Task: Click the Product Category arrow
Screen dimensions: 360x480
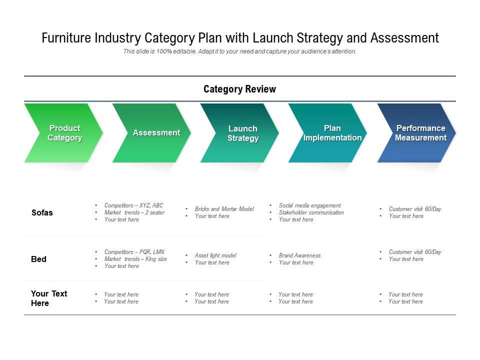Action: click(x=64, y=133)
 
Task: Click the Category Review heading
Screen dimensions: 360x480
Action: click(x=239, y=89)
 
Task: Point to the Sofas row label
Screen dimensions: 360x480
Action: click(x=42, y=212)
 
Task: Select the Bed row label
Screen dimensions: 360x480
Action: click(x=38, y=259)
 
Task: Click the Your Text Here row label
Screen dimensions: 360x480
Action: click(x=49, y=298)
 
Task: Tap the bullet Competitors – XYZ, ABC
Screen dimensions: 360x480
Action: click(x=133, y=205)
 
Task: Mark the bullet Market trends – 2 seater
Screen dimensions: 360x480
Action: click(x=134, y=212)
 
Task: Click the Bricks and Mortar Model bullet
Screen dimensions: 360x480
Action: click(x=224, y=209)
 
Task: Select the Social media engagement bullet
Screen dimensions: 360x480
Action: click(x=309, y=205)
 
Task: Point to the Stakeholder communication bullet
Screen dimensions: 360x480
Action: click(x=311, y=212)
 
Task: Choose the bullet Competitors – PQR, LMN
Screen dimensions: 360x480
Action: click(x=134, y=252)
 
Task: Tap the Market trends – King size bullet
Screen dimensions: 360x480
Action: click(x=135, y=259)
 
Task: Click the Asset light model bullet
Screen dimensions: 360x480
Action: click(x=215, y=255)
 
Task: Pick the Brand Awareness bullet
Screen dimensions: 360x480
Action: click(x=299, y=255)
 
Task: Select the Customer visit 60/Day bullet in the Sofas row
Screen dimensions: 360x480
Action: click(x=415, y=209)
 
